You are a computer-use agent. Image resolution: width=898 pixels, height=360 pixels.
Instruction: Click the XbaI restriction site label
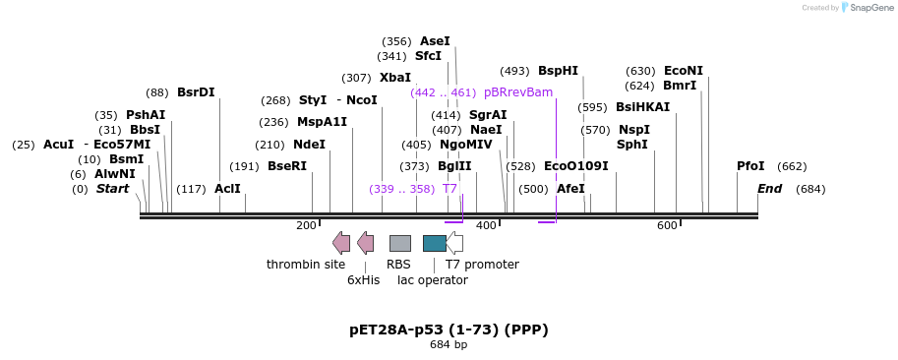pyautogui.click(x=395, y=78)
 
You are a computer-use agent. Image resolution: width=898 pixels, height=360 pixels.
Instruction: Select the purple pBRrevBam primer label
pyautogui.click(x=517, y=92)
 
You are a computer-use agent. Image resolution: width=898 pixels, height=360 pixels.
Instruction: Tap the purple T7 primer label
pyautogui.click(x=449, y=189)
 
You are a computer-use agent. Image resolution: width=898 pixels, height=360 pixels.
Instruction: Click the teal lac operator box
pyautogui.click(x=434, y=243)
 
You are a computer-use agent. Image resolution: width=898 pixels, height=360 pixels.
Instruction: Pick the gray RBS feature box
pyautogui.click(x=399, y=243)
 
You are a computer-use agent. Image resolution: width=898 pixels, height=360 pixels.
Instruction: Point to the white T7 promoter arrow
pyautogui.click(x=454, y=243)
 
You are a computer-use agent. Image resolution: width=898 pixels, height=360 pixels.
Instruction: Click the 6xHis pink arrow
pyautogui.click(x=365, y=243)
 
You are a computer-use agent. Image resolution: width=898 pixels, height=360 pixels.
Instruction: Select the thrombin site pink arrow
pyautogui.click(x=341, y=243)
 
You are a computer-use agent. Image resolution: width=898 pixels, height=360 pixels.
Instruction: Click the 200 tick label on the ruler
pyautogui.click(x=306, y=226)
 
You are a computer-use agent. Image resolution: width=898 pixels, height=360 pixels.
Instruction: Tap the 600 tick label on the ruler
pyautogui.click(x=667, y=226)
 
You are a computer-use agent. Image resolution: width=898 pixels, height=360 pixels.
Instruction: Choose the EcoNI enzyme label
pyautogui.click(x=684, y=71)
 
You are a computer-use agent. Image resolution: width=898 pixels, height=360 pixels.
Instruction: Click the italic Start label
pyautogui.click(x=112, y=189)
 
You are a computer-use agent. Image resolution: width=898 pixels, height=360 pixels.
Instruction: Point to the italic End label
pyautogui.click(x=769, y=189)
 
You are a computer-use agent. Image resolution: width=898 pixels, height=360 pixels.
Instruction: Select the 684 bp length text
pyautogui.click(x=449, y=345)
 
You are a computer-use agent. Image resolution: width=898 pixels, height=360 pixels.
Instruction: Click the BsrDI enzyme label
pyautogui.click(x=196, y=92)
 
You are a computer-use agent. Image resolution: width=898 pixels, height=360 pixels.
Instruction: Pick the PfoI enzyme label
pyautogui.click(x=750, y=166)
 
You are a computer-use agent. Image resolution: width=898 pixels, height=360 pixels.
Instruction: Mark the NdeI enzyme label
pyautogui.click(x=309, y=145)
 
